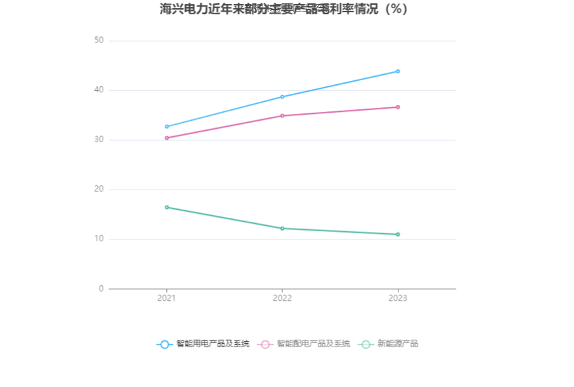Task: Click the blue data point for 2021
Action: point(167,127)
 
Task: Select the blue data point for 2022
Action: point(282,97)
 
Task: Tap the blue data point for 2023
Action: point(398,71)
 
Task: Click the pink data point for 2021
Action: point(167,138)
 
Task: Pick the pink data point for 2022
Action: point(282,116)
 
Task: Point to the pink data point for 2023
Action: point(398,107)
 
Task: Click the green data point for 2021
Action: point(167,207)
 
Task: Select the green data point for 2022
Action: point(282,229)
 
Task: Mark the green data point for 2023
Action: point(398,235)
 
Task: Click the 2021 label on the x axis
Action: point(167,298)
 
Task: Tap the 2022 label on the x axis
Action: point(282,298)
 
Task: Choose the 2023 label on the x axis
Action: point(398,298)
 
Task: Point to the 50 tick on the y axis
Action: point(99,40)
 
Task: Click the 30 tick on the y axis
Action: point(99,140)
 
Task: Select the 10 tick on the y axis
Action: point(99,239)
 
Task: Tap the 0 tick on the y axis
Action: point(101,289)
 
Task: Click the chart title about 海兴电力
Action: point(284,9)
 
